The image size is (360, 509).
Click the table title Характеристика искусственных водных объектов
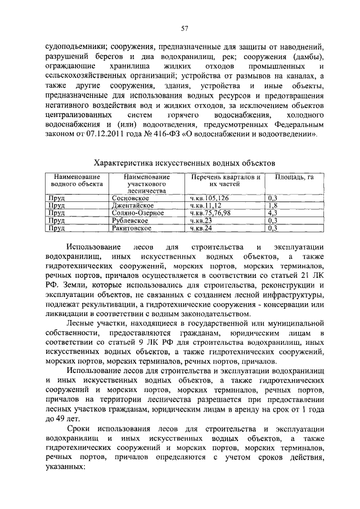click(x=184, y=163)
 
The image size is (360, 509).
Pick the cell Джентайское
click(x=131, y=206)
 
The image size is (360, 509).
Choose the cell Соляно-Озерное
click(x=135, y=213)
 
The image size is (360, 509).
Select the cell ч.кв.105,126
click(x=209, y=199)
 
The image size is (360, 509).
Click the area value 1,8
click(x=272, y=206)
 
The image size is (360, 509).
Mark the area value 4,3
click(x=273, y=213)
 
